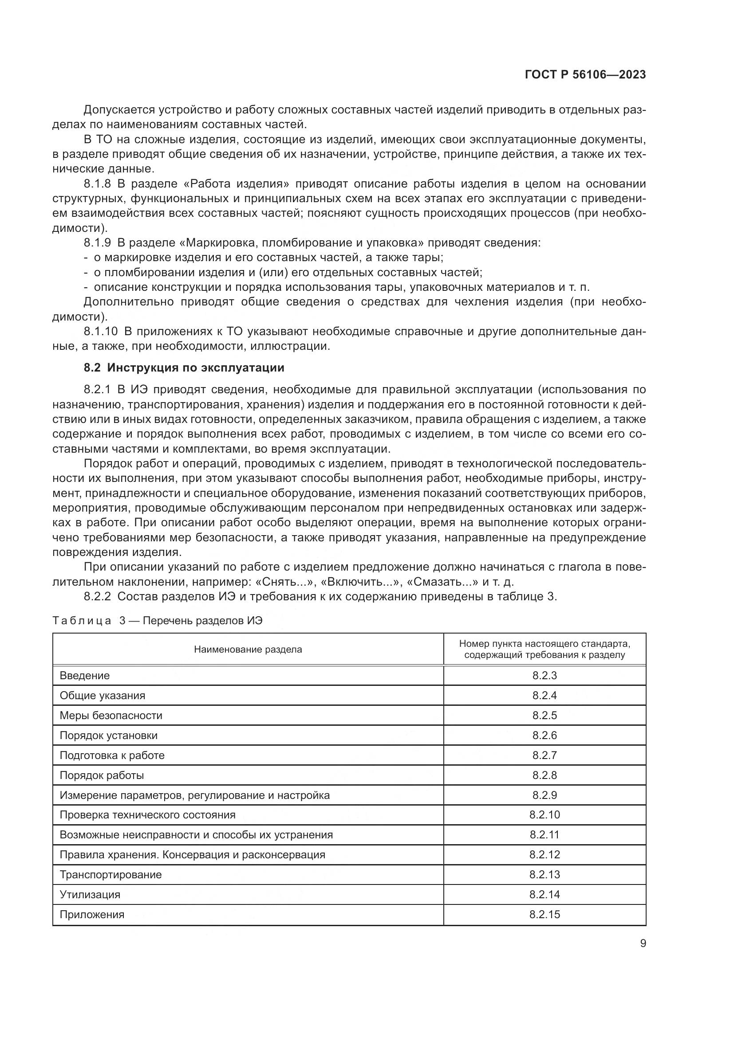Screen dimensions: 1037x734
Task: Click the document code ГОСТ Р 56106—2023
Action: click(x=585, y=75)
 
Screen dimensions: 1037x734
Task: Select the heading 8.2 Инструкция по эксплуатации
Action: click(x=184, y=368)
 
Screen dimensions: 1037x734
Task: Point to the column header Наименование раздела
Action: click(x=248, y=650)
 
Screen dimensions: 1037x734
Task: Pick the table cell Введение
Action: click(x=85, y=676)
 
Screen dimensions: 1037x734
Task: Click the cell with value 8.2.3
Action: click(x=544, y=676)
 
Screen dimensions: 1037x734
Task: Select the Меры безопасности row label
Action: click(x=111, y=716)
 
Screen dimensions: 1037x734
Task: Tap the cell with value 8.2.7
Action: click(x=544, y=755)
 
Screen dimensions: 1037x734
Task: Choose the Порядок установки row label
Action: click(x=108, y=735)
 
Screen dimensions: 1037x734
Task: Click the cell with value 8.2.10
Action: click(x=544, y=815)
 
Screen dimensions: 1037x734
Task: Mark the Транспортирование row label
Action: click(x=111, y=874)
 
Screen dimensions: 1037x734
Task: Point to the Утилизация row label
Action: click(x=90, y=894)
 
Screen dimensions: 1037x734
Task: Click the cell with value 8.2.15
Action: click(x=544, y=914)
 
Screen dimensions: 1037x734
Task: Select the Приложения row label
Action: click(x=92, y=914)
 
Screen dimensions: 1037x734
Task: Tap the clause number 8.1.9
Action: click(x=97, y=243)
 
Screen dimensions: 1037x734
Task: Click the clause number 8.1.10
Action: click(x=100, y=332)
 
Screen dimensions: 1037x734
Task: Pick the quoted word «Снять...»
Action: click(x=288, y=582)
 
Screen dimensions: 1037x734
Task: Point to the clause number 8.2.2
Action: click(x=97, y=597)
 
